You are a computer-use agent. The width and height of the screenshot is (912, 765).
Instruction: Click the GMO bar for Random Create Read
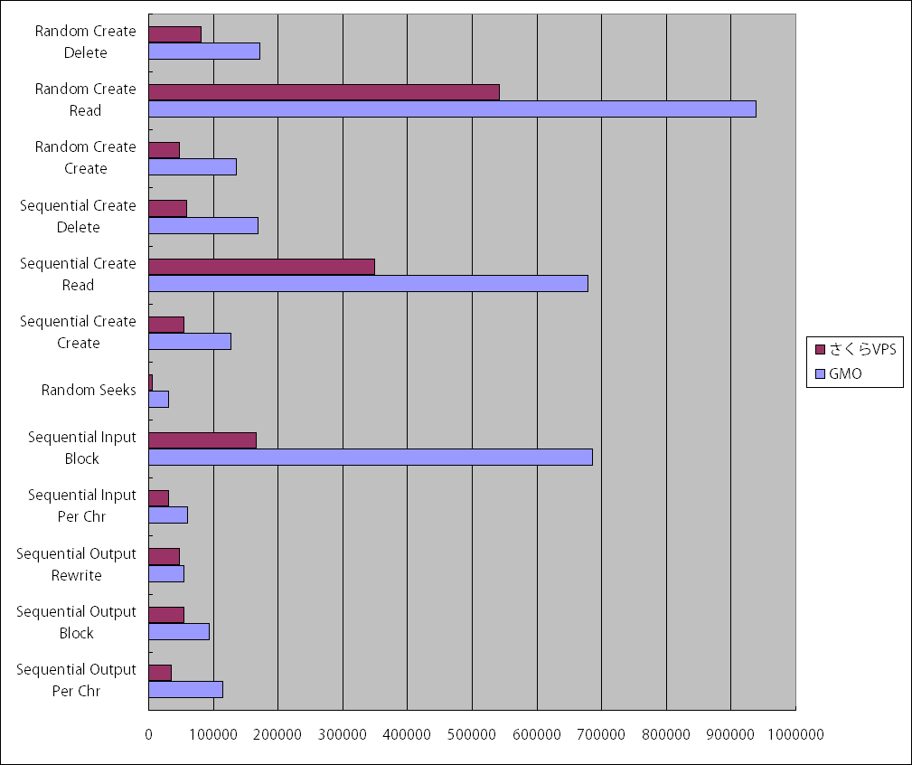[452, 109]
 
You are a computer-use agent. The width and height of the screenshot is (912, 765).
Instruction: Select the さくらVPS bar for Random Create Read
[324, 92]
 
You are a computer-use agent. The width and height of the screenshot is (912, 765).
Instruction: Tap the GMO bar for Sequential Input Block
[371, 457]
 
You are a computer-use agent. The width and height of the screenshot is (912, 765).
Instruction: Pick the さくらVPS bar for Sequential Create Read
[261, 267]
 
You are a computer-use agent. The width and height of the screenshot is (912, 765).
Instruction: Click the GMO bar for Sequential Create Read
[368, 283]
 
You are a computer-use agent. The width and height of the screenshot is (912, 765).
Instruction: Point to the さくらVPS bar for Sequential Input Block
[202, 440]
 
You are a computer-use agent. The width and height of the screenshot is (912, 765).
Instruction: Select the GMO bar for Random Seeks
[159, 399]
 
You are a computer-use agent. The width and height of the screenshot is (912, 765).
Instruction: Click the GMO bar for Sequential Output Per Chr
[185, 689]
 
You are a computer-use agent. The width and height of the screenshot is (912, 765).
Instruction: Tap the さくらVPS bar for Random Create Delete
[174, 34]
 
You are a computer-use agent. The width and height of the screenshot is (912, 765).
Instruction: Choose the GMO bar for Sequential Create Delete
[203, 225]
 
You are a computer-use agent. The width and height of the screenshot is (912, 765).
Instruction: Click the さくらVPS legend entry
[855, 350]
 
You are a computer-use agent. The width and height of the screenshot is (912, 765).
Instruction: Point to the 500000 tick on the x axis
[472, 735]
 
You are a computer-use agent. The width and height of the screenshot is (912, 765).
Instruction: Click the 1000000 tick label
[795, 735]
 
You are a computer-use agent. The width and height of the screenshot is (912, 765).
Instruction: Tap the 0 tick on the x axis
[149, 735]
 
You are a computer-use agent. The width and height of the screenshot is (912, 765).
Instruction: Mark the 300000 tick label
[343, 735]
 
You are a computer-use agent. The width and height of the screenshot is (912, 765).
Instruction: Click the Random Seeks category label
[89, 391]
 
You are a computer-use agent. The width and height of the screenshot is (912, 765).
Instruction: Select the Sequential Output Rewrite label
[77, 564]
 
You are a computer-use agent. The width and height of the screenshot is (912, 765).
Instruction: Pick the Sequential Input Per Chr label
[82, 505]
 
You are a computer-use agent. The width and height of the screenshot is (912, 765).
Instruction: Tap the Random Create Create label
[86, 157]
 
